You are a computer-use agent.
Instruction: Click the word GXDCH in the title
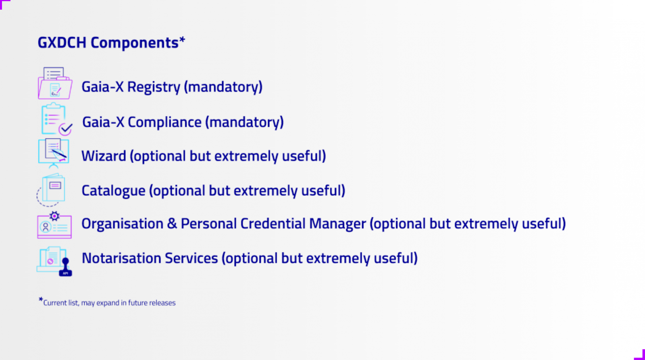(62, 43)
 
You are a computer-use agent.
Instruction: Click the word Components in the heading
(135, 43)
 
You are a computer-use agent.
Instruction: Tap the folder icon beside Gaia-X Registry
(55, 83)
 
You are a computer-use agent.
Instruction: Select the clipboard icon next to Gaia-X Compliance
(56, 119)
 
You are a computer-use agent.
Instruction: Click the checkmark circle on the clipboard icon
(66, 129)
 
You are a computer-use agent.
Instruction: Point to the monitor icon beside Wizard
(54, 153)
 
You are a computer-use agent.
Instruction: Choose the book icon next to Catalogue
(51, 190)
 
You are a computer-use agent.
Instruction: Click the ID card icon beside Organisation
(54, 225)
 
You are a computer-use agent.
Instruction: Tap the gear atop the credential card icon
(54, 216)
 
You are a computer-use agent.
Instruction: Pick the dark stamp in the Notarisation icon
(66, 267)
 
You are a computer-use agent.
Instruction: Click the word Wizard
(104, 156)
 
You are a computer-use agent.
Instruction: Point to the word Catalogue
(113, 191)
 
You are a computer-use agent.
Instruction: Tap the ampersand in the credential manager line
(172, 223)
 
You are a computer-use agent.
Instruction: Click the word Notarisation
(121, 258)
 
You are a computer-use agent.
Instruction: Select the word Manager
(337, 224)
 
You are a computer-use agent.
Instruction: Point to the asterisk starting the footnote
(41, 299)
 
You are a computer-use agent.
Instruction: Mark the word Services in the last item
(191, 258)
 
